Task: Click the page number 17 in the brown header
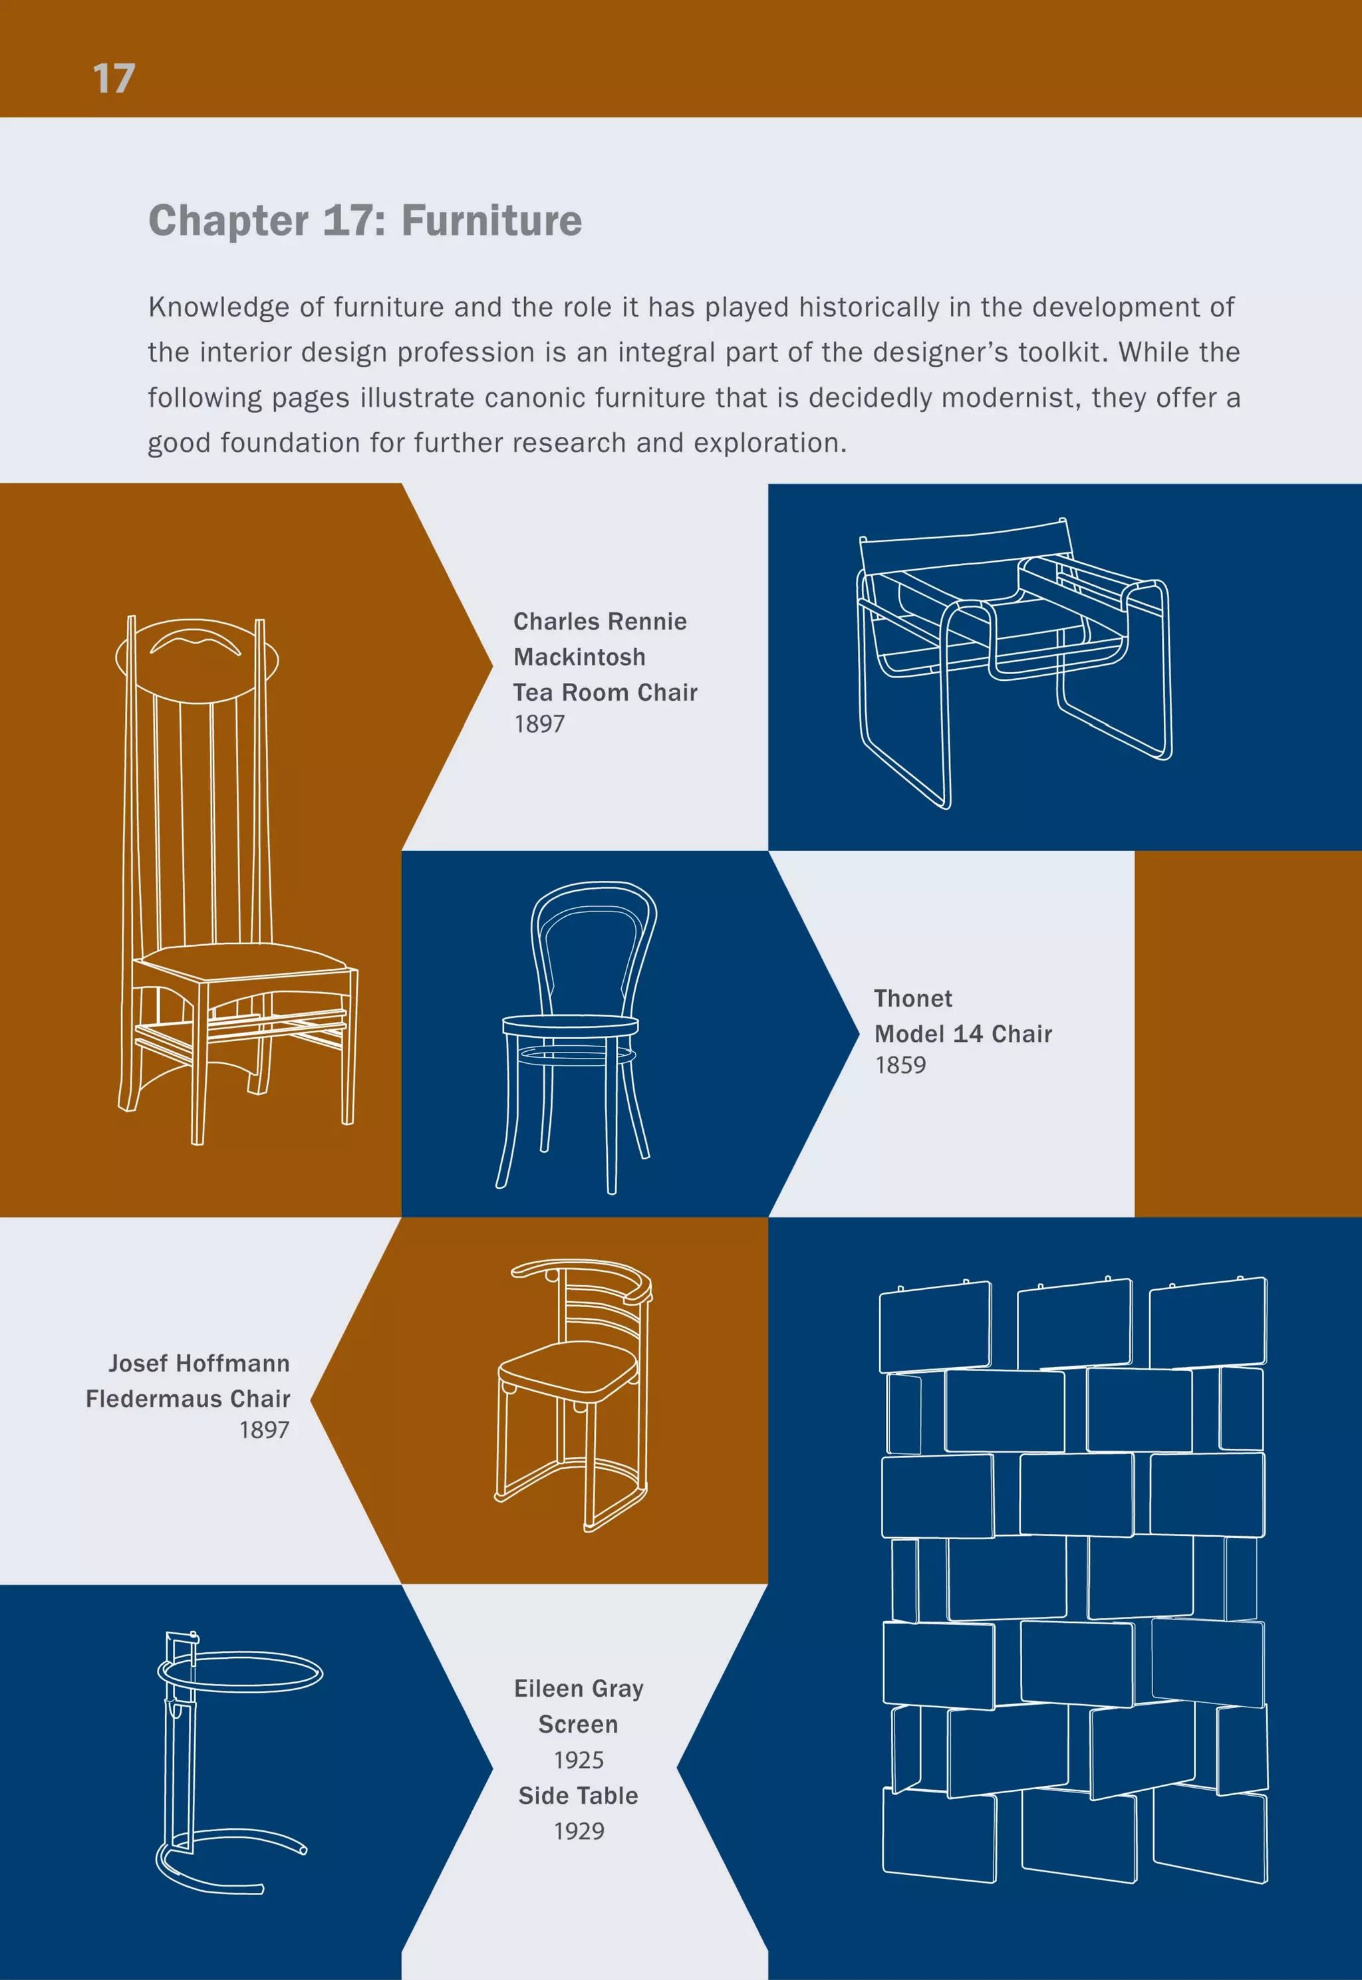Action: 114,78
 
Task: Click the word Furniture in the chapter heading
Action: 491,221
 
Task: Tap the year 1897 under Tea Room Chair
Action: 539,724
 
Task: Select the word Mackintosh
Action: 579,657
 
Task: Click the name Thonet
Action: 912,998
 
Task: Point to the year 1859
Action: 900,1066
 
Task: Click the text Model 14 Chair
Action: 962,1034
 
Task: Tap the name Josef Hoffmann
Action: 198,1363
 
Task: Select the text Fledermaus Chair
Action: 188,1399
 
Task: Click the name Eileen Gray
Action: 578,1688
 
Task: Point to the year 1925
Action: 578,1760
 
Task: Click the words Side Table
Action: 578,1796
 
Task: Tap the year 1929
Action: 578,1832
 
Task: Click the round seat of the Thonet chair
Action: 570,1024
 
